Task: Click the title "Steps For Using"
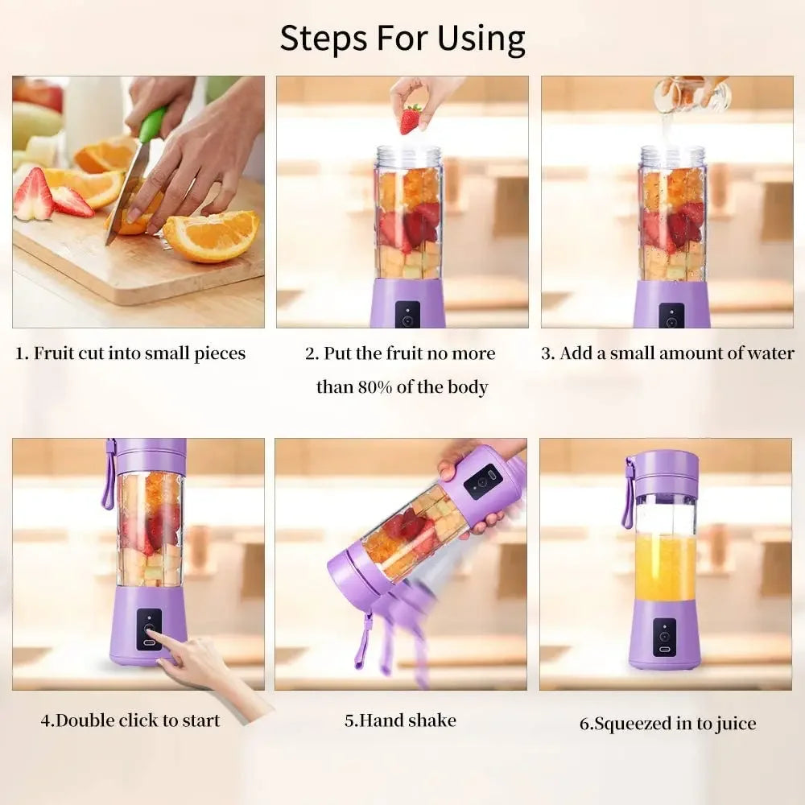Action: [x=402, y=38]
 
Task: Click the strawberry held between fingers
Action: [x=411, y=119]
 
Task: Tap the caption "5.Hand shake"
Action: [x=400, y=720]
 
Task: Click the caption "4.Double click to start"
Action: [x=130, y=720]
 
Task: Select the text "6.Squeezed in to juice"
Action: [x=667, y=724]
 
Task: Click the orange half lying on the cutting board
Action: [x=212, y=235]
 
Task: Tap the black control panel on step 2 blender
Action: [x=407, y=316]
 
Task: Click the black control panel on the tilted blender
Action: [x=483, y=481]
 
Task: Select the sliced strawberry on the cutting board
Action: [x=34, y=197]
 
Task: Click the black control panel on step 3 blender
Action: [x=671, y=316]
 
